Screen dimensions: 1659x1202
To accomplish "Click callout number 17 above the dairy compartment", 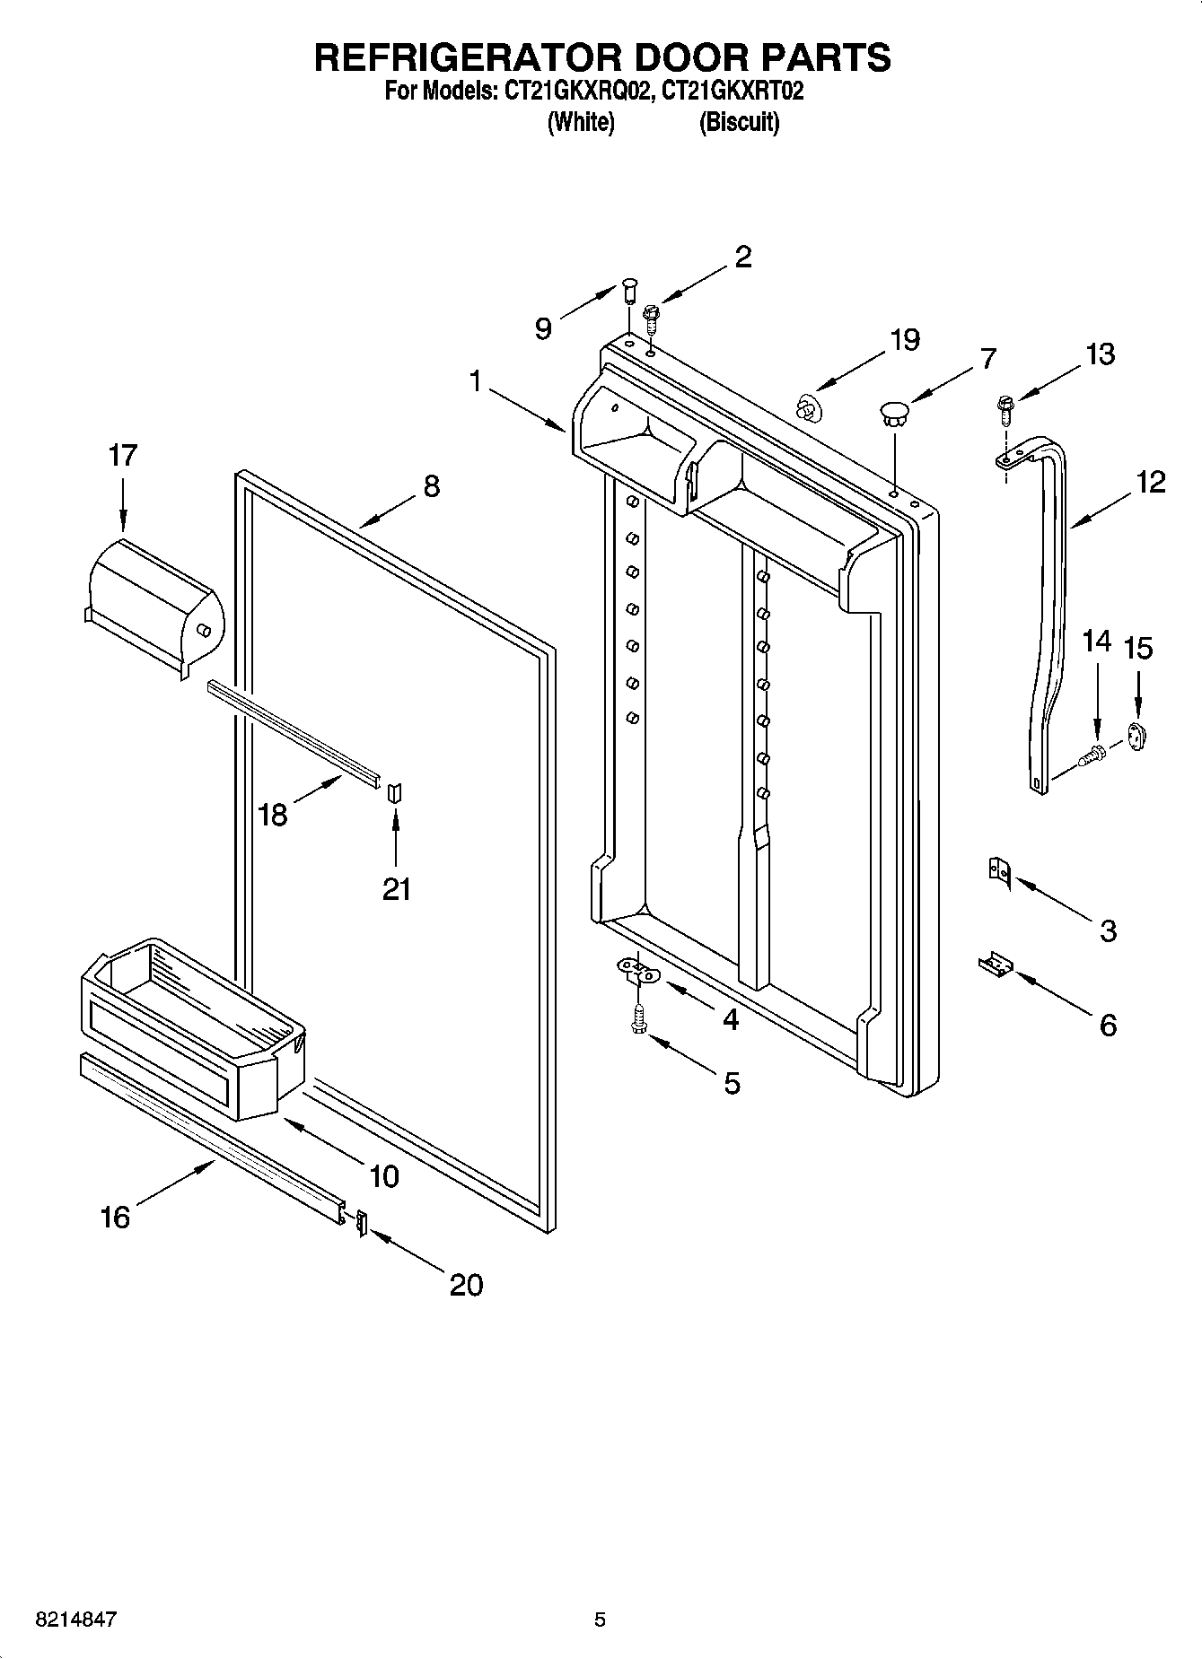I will tap(122, 456).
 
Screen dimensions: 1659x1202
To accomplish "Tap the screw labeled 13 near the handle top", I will tap(1003, 411).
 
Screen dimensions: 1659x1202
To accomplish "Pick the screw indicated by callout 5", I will tap(638, 1017).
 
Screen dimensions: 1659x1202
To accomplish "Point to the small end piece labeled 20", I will tap(361, 1222).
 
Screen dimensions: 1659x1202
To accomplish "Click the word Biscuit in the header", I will tap(739, 122).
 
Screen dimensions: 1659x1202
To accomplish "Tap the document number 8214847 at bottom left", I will tap(76, 1620).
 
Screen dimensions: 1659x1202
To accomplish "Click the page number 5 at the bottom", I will tap(600, 1620).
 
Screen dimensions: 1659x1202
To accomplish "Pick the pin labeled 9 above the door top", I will tap(630, 293).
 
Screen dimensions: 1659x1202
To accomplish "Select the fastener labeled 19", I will tap(809, 409).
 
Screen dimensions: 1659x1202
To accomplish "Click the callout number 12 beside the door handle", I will tap(1150, 482).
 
